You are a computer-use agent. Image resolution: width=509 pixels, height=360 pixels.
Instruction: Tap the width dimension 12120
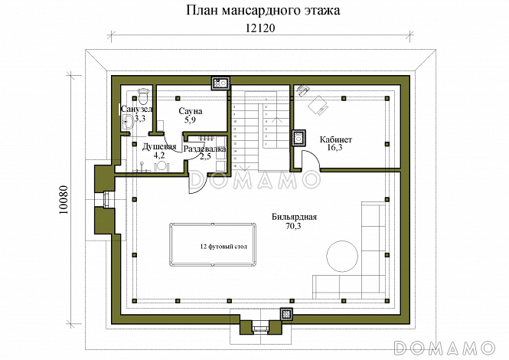point(261,28)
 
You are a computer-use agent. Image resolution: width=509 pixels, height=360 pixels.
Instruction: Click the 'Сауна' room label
point(191,111)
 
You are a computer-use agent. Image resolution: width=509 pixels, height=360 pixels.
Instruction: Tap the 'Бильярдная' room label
point(294,217)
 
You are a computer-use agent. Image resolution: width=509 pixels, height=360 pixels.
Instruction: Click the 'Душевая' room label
point(159,146)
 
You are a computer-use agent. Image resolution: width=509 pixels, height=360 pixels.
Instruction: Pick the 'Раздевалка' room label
point(204,148)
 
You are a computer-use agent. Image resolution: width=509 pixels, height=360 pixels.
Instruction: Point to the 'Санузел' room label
point(136,110)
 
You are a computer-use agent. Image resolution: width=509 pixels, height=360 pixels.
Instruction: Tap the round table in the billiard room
point(341,255)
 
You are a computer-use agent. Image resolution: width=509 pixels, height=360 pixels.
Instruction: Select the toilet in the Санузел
point(142,95)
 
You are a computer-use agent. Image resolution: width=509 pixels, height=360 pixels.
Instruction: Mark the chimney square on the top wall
point(219,83)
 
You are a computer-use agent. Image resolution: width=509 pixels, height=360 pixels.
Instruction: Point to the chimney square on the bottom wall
point(287,315)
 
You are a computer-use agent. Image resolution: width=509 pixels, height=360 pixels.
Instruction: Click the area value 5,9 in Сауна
point(191,120)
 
